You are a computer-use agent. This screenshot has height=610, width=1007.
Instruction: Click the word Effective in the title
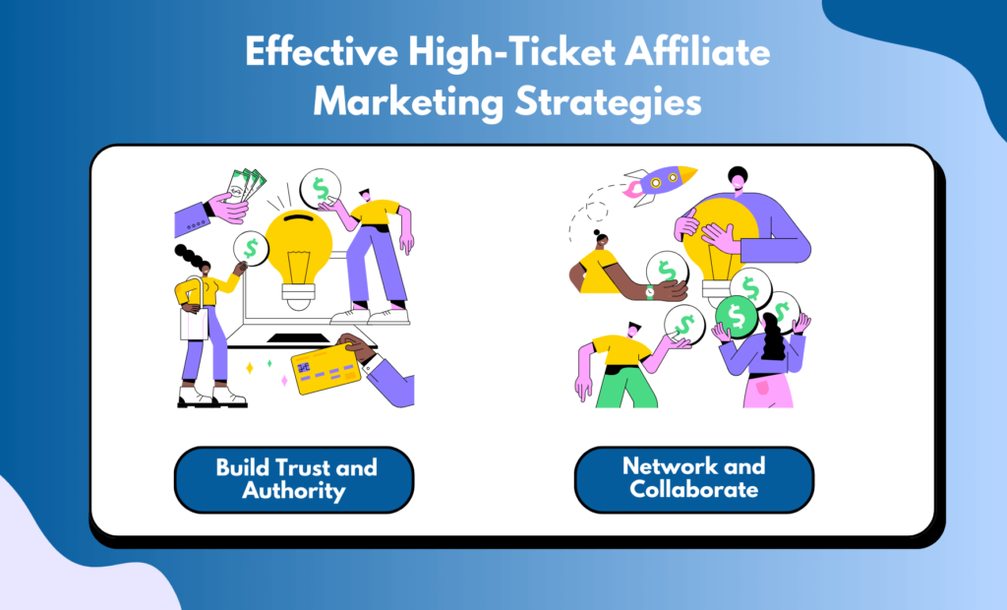click(322, 51)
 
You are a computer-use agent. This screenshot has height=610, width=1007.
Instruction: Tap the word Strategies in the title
click(608, 103)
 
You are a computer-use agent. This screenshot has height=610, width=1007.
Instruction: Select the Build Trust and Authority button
click(294, 479)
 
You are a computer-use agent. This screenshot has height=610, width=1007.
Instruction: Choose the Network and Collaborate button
click(694, 479)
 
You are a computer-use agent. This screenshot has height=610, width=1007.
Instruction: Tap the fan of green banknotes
click(245, 186)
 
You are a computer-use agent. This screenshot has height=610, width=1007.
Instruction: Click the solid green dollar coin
click(736, 317)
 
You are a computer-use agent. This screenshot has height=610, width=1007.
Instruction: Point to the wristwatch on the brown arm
click(650, 292)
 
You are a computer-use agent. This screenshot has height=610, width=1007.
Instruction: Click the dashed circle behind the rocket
click(597, 212)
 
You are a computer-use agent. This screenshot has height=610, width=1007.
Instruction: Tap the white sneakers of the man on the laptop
click(370, 316)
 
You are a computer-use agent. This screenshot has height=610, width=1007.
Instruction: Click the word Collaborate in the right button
click(693, 490)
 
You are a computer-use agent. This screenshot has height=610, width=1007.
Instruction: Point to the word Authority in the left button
click(293, 491)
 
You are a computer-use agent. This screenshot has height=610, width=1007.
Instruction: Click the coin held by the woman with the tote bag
click(251, 248)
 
